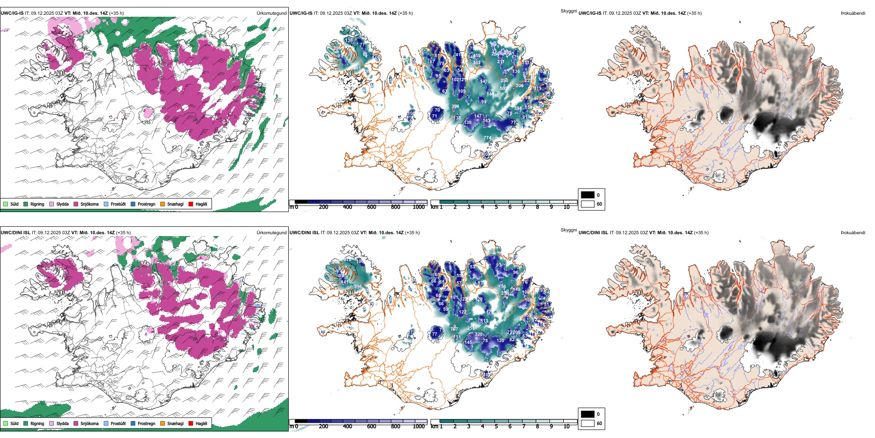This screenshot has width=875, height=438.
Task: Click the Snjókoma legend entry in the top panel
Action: pyautogui.click(x=89, y=204)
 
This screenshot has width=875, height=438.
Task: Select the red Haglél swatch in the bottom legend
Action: pyautogui.click(x=191, y=423)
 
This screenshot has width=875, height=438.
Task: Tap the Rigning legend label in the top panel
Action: pyautogui.click(x=37, y=204)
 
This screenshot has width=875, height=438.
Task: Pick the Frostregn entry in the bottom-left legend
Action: pyautogui.click(x=146, y=423)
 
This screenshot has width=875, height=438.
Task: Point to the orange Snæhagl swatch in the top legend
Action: pyautogui.click(x=163, y=204)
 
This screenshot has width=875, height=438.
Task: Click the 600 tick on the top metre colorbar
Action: pyautogui.click(x=372, y=207)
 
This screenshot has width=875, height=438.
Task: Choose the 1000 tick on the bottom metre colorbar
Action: pyautogui.click(x=419, y=426)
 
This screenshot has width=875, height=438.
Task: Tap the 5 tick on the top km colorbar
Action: pyautogui.click(x=496, y=207)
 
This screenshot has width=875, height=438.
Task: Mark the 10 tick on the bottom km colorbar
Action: pyautogui.click(x=566, y=426)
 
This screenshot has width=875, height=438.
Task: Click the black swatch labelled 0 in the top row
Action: pyautogui.click(x=588, y=195)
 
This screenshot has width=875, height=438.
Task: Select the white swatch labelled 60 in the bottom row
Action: pyautogui.click(x=588, y=423)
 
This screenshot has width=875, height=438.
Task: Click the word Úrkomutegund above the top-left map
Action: pyautogui.click(x=271, y=13)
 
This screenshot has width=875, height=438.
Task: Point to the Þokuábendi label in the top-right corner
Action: pyautogui.click(x=853, y=13)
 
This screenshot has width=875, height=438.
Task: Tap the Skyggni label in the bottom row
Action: pyautogui.click(x=568, y=230)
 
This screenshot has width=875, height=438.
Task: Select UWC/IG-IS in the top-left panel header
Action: pyautogui.click(x=12, y=13)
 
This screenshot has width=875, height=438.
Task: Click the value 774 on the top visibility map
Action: pyautogui.click(x=487, y=138)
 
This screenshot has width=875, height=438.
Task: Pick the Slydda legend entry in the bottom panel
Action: pyautogui.click(x=62, y=423)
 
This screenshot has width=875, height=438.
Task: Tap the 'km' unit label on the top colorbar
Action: pyautogui.click(x=434, y=207)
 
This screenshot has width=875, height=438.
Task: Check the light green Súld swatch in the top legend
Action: pyautogui.click(x=6, y=204)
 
